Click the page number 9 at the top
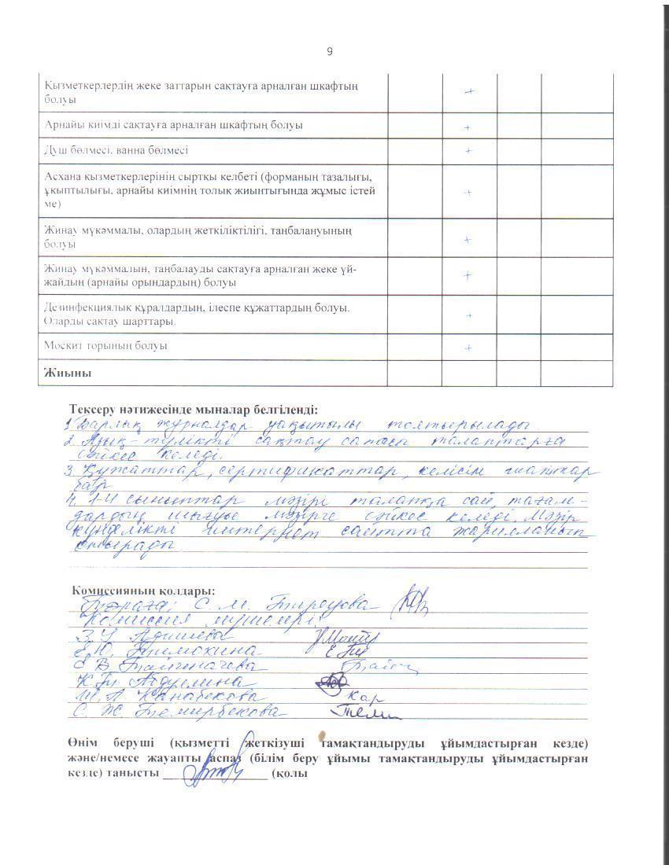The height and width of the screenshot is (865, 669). coord(330,52)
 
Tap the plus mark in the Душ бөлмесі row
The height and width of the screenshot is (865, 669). coord(468,150)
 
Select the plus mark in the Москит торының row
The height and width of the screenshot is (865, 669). coord(468,348)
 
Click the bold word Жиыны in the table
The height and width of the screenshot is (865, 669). coord(68,373)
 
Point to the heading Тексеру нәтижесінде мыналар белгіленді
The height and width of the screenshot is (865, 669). coord(194,410)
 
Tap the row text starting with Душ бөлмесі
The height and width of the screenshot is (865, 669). coord(116,149)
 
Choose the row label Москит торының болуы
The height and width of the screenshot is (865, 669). coord(106,346)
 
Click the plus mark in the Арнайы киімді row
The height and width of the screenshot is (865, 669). coord(468,127)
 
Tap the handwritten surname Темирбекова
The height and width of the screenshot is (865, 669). coord(220,712)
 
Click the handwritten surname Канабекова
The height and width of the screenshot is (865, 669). coord(205,698)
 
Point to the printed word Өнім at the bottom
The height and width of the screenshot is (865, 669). coord(83,743)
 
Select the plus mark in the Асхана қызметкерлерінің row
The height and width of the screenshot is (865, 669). coord(468,192)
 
